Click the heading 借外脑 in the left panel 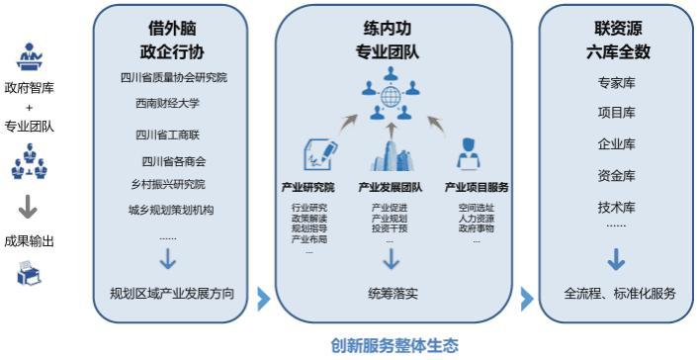173,31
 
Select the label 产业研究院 307,186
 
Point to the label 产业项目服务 477,186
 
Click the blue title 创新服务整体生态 393,346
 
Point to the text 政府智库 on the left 30,87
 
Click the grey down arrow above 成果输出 29,207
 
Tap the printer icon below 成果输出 29,276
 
